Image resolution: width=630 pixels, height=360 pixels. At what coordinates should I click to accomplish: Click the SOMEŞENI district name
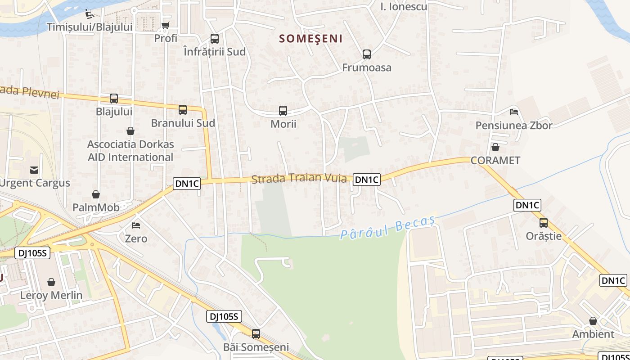(310, 39)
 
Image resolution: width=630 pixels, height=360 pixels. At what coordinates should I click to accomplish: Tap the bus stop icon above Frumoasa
(367, 54)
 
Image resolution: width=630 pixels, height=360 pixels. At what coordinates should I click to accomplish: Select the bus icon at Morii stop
(283, 110)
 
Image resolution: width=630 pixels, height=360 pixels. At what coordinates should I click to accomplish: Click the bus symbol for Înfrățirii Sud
(215, 39)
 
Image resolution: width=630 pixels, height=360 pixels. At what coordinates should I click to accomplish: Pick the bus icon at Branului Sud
(183, 109)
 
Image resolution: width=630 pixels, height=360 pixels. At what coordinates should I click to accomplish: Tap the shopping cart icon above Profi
(166, 25)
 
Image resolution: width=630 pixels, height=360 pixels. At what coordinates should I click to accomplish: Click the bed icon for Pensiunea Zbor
(514, 112)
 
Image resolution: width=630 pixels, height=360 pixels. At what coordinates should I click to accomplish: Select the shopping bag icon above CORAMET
(495, 147)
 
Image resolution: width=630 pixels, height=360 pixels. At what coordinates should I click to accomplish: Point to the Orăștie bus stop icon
(544, 222)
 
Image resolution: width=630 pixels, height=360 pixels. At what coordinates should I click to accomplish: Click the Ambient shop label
(593, 334)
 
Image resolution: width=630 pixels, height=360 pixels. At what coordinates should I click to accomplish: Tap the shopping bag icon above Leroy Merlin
(51, 282)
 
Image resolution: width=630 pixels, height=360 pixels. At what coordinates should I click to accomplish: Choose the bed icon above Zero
(136, 225)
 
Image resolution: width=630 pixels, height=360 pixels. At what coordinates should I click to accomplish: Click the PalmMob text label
(96, 207)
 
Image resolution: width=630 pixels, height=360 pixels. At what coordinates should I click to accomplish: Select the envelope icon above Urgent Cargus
(34, 170)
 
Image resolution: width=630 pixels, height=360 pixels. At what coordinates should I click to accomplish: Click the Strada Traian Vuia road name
(299, 179)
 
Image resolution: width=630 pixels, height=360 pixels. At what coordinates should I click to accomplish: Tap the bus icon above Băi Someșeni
(256, 334)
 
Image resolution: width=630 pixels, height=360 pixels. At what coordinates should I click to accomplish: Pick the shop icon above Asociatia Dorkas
(130, 131)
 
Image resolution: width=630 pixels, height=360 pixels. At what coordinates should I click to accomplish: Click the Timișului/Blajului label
(90, 27)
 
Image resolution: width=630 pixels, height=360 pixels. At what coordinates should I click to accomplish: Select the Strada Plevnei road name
(30, 92)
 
